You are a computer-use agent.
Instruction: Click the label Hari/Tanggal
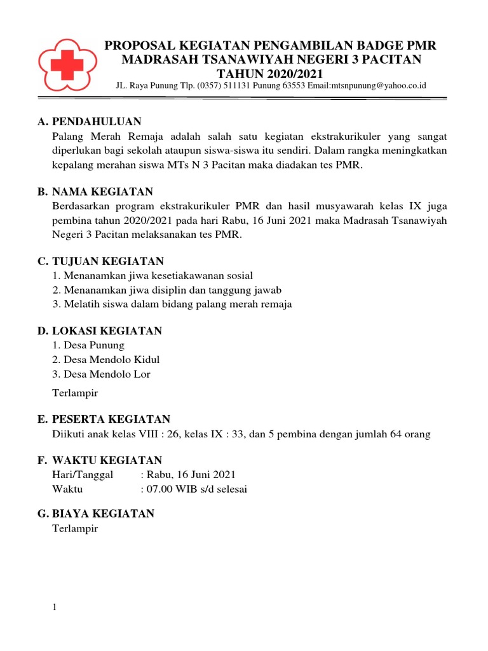tap(83, 474)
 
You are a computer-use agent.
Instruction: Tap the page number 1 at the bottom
tap(55, 608)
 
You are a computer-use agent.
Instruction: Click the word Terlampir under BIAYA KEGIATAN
tap(75, 528)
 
